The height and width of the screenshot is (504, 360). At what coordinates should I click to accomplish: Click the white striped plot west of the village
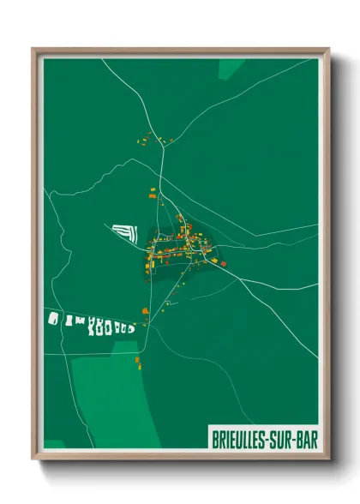click(125, 231)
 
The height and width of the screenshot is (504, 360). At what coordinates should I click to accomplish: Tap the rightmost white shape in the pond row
click(130, 327)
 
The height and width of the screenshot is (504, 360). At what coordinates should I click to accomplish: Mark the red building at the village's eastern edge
click(224, 263)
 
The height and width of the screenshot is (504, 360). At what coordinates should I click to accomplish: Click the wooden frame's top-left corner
click(33, 49)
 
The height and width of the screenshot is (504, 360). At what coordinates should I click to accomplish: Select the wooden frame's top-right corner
click(328, 49)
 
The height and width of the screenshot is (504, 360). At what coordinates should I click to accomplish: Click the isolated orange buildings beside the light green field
click(136, 361)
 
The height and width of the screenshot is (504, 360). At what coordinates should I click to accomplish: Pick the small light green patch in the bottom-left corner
click(54, 445)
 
